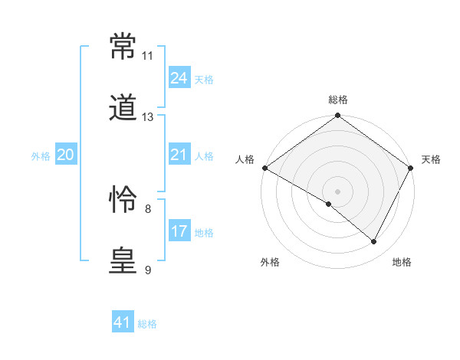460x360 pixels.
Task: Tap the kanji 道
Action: (x=123, y=110)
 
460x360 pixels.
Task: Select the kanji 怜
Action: (x=123, y=201)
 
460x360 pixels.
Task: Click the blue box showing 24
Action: (x=179, y=78)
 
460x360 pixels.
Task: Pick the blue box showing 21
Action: (x=179, y=155)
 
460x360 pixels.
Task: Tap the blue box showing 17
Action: (x=179, y=231)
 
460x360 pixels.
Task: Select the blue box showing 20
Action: (x=65, y=155)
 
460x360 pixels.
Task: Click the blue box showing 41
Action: (x=123, y=322)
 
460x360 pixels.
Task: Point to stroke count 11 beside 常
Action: (x=147, y=56)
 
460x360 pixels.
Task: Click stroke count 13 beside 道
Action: (x=148, y=117)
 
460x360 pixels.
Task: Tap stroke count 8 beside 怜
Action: (x=147, y=208)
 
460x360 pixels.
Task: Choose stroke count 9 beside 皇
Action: (x=147, y=270)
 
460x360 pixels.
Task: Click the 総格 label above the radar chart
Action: (x=338, y=100)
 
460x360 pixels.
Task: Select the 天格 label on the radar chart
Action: (x=431, y=159)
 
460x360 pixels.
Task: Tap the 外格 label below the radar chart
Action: (x=270, y=262)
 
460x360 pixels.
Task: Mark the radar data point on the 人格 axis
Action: (x=264, y=168)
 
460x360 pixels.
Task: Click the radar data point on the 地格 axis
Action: (x=374, y=242)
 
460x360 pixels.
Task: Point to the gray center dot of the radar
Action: (x=338, y=191)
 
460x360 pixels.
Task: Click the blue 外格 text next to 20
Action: (x=41, y=156)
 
